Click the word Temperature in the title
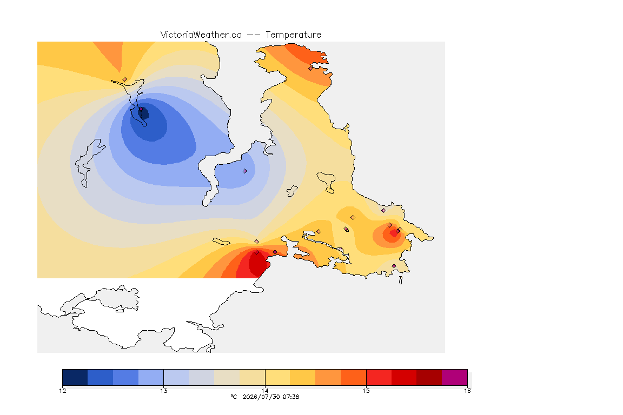pos(293,35)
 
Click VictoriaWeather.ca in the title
pos(201,35)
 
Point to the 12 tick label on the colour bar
pos(63,391)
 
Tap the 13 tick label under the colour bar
pos(164,391)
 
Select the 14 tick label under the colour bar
pos(265,391)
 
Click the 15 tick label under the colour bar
pos(366,391)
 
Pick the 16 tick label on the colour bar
pos(467,391)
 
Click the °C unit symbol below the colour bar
pos(234,397)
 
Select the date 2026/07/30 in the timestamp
pos(261,397)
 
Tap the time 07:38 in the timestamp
pos(291,397)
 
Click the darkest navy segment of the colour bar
pos(75,377)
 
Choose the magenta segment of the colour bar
pos(454,377)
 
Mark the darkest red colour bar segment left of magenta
pos(429,377)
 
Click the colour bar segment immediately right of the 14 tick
pos(277,377)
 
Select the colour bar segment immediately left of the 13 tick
pos(151,377)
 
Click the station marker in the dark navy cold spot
pos(141,109)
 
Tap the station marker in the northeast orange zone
pos(311,68)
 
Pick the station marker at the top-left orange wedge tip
pos(125,79)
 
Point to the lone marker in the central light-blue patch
pos(245,171)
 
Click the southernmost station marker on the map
pos(394,266)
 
